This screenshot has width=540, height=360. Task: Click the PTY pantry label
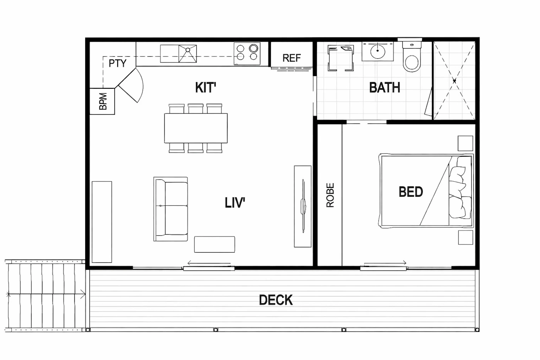(x=117, y=63)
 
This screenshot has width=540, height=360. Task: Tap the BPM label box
(x=102, y=101)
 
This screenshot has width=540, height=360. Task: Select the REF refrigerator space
(x=292, y=54)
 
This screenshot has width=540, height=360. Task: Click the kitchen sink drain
(x=188, y=50)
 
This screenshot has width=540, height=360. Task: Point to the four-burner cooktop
(x=247, y=54)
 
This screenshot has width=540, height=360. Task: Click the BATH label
(x=385, y=88)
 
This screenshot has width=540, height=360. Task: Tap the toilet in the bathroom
(x=412, y=57)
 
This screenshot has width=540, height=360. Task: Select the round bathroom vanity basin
(x=378, y=51)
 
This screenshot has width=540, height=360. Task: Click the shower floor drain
(x=454, y=81)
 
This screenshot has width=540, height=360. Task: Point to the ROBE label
(x=330, y=195)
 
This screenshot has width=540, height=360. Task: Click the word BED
(x=411, y=192)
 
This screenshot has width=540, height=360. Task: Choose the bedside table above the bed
(x=465, y=144)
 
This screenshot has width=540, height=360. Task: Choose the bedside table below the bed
(x=466, y=238)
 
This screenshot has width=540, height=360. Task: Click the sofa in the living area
(x=170, y=209)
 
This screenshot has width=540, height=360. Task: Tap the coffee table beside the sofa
(x=214, y=245)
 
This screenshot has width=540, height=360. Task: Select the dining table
(x=196, y=128)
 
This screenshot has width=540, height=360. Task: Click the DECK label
(x=276, y=300)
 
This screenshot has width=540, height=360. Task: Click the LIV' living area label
(x=235, y=203)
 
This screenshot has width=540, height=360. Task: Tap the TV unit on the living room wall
(x=302, y=206)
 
